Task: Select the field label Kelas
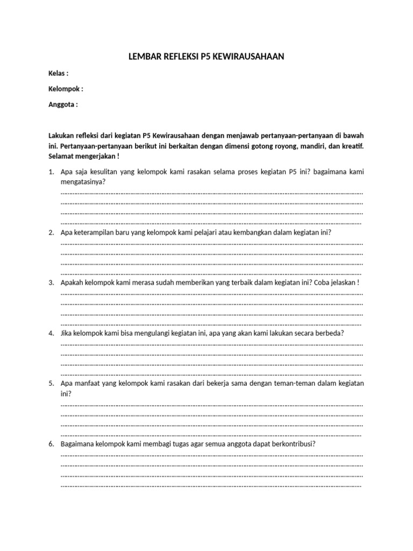[x=58, y=73]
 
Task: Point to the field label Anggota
[x=62, y=104]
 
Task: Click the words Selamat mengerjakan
[x=82, y=156]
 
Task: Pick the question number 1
[x=51, y=172]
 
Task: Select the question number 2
[x=51, y=232]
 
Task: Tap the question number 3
[x=51, y=282]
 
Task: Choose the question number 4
[x=51, y=333]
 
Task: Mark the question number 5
[x=51, y=384]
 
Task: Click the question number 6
[x=51, y=444]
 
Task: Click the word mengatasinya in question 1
[x=83, y=182]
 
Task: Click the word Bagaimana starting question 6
[x=77, y=444]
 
